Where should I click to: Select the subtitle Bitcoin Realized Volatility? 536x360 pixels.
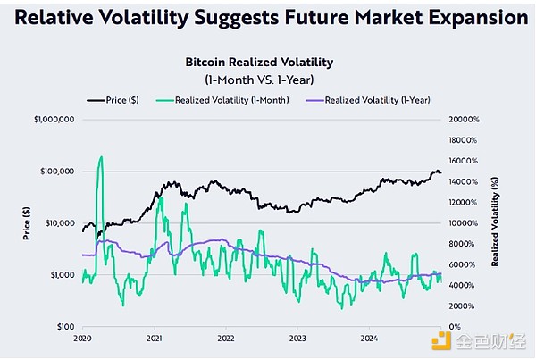[x=259, y=63]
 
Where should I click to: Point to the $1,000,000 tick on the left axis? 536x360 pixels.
[x=54, y=119]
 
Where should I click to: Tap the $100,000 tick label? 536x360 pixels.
[x=57, y=171]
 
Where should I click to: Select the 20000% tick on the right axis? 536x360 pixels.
[x=465, y=119]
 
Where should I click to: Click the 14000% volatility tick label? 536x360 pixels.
[x=465, y=181]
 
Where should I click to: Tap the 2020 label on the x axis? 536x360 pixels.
[x=83, y=339]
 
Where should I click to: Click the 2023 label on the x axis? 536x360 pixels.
[x=297, y=339]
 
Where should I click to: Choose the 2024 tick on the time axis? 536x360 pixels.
[x=369, y=339]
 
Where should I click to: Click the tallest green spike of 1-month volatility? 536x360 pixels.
[x=100, y=159]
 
